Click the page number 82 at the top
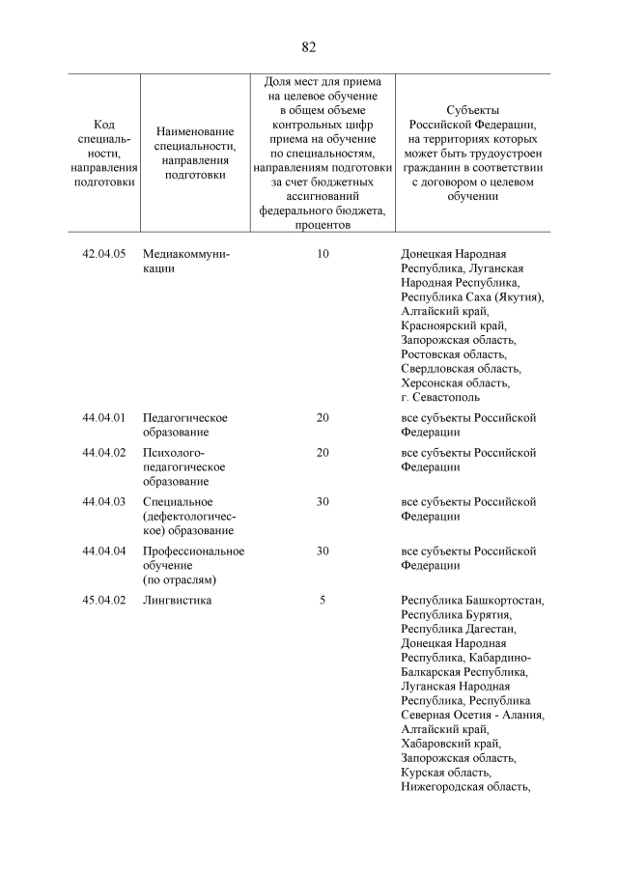click(309, 47)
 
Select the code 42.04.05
click(105, 254)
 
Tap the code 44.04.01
click(105, 418)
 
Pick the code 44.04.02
click(105, 453)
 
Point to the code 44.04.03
click(105, 502)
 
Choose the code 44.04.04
click(105, 551)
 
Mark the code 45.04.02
click(105, 601)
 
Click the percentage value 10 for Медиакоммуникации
click(323, 254)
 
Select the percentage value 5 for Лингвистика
click(323, 601)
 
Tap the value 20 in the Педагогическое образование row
click(323, 418)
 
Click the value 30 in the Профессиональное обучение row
click(323, 551)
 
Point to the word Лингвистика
click(177, 601)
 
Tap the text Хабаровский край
click(451, 744)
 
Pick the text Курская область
click(446, 773)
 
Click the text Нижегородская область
click(465, 787)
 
